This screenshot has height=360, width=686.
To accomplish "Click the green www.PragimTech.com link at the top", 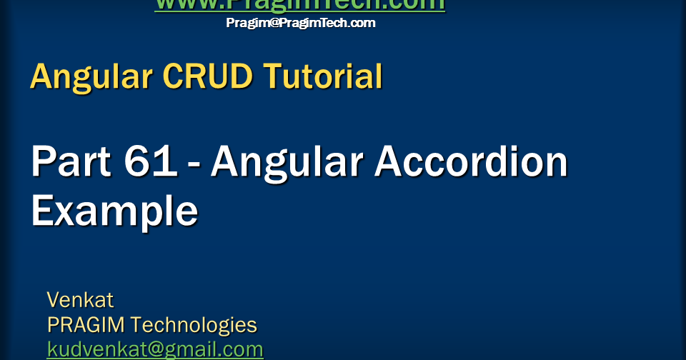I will tap(299, 5).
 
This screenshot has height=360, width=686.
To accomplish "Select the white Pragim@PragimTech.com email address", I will tap(300, 23).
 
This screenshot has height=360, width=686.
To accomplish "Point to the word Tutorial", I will tap(322, 76).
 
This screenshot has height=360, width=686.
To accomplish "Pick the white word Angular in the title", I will tap(286, 162).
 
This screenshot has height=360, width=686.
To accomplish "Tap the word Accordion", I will tap(471, 162).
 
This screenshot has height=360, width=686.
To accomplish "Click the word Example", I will tap(114, 211).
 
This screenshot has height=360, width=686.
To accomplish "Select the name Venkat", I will tap(80, 299).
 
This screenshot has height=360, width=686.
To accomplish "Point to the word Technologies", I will tap(194, 325).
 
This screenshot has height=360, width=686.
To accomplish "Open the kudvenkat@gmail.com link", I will tap(155, 349).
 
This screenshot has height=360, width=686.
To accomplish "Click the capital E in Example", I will tap(42, 211).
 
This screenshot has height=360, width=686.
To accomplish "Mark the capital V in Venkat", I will tap(53, 299).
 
